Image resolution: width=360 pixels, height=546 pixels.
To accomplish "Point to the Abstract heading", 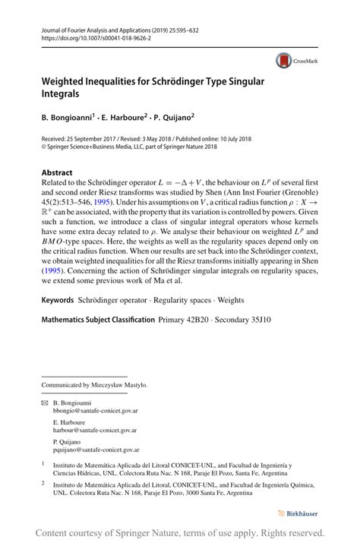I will point(57,172).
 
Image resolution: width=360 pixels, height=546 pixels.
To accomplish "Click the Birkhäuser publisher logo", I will point(304,513).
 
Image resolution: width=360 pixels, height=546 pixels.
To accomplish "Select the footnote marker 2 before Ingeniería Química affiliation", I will point(43,481).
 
